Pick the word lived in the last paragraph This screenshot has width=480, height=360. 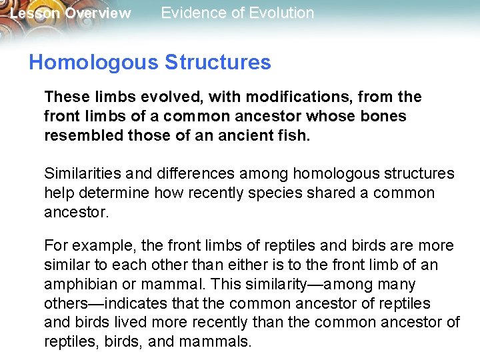click(135, 323)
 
